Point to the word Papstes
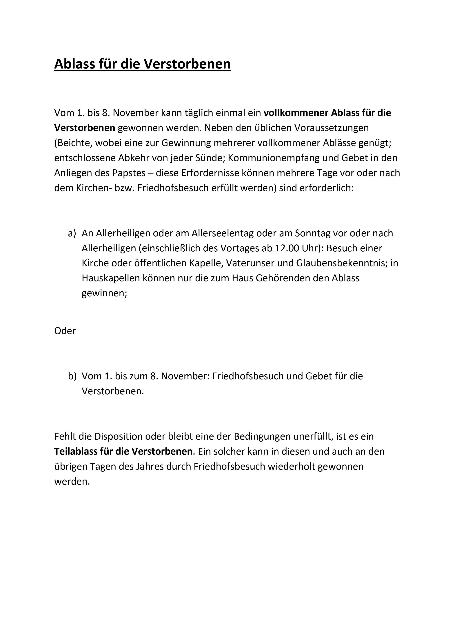coord(129,173)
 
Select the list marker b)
coord(72,376)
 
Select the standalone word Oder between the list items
coord(65,331)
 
